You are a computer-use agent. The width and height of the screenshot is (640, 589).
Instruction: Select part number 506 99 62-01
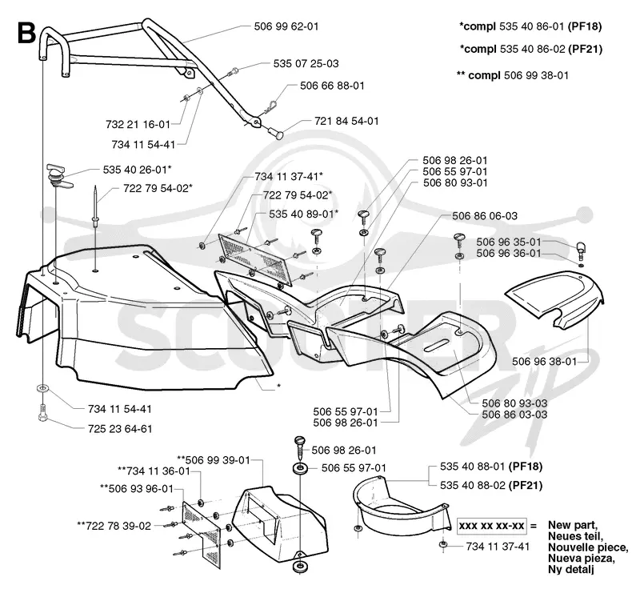click(286, 26)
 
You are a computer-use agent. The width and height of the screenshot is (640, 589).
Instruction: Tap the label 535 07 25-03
click(306, 64)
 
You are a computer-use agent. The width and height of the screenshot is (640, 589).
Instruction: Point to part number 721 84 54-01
click(346, 121)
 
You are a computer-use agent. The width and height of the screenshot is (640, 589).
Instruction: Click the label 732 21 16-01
click(138, 125)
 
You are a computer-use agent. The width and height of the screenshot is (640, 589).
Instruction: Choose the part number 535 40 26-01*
click(137, 170)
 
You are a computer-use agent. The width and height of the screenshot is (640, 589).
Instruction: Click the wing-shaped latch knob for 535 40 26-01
click(58, 175)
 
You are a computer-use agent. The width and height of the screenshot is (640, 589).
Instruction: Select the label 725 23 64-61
click(120, 429)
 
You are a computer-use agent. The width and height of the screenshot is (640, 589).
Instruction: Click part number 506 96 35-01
click(509, 242)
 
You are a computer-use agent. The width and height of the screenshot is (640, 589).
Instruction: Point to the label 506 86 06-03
click(485, 216)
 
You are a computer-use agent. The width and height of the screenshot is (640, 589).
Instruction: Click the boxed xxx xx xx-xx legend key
click(492, 526)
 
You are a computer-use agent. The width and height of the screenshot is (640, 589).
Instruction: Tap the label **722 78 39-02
click(114, 526)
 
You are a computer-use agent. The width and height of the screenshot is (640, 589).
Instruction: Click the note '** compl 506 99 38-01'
click(512, 75)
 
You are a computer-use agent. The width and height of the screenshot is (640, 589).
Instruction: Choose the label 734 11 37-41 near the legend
click(498, 547)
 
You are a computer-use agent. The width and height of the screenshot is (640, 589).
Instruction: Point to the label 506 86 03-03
click(514, 415)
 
